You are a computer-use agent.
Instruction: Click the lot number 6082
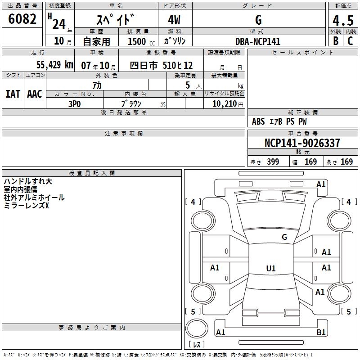[22, 19]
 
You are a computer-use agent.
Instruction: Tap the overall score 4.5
[343, 20]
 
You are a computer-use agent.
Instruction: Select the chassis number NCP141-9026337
[302, 143]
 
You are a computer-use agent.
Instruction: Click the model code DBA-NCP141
[258, 41]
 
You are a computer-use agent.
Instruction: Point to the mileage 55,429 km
[55, 65]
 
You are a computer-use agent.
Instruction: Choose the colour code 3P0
[75, 104]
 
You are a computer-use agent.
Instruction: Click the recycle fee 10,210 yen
[228, 104]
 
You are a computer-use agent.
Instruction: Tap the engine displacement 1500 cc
[141, 41]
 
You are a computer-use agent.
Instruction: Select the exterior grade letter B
[336, 41]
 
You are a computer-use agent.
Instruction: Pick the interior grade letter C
[350, 41]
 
